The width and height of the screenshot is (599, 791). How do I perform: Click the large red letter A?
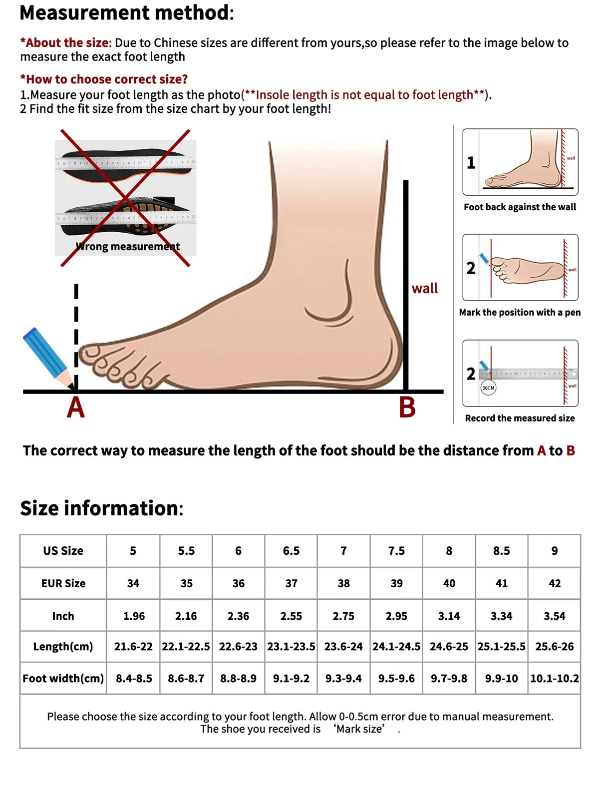[x=76, y=407]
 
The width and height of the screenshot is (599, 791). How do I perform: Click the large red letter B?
[x=407, y=407]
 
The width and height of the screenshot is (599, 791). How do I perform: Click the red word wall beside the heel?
[x=424, y=289]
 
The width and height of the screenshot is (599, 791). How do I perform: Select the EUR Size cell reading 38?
[x=343, y=583]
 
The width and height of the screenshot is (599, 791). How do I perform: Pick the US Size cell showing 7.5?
[x=396, y=551]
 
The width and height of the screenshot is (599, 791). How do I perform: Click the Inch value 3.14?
[x=449, y=616]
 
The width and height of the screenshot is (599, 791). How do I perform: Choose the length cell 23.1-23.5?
[x=291, y=647]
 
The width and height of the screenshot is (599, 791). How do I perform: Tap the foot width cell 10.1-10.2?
[x=554, y=679]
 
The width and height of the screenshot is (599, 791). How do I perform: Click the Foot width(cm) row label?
[x=63, y=679]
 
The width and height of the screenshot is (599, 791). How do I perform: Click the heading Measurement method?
[x=126, y=13]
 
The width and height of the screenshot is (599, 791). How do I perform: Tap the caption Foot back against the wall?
[x=520, y=207]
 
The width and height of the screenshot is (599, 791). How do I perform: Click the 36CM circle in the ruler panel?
[x=488, y=388]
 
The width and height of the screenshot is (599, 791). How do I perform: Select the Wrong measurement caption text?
[x=128, y=246]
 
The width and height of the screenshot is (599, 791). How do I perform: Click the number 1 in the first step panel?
[x=471, y=163]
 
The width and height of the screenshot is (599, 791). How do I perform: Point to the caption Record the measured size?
[x=520, y=418]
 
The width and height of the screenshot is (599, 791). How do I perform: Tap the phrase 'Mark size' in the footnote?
[x=359, y=729]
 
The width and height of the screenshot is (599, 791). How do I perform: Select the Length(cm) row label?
[x=63, y=647]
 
